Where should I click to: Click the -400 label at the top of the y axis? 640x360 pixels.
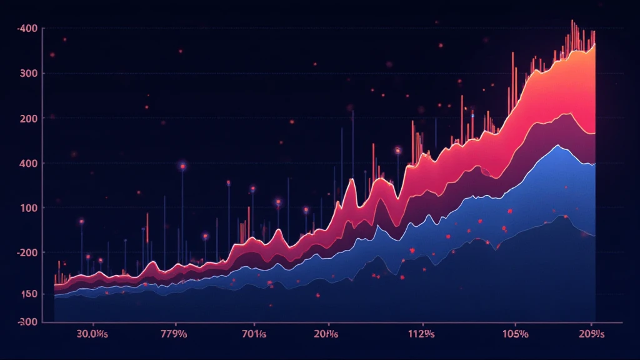28,29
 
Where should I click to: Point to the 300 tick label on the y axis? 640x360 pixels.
29,74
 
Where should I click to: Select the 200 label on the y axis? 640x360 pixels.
29,119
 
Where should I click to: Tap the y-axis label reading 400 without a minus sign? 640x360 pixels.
29,164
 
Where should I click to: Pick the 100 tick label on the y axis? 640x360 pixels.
29,208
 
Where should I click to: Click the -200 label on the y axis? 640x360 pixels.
28,253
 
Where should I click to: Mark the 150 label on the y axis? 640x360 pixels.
29,294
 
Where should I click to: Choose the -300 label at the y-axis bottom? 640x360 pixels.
28,322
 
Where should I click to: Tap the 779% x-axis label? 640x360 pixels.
174,333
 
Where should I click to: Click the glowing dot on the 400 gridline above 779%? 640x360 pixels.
182,166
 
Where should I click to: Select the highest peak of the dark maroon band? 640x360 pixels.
567,113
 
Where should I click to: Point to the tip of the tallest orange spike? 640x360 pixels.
572,20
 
